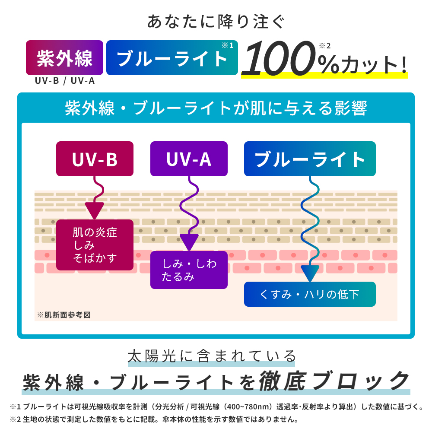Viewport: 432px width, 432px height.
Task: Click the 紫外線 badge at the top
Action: pos(64,58)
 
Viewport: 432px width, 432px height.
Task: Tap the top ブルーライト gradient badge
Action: pos(172,58)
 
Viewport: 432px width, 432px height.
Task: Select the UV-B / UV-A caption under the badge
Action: pos(65,80)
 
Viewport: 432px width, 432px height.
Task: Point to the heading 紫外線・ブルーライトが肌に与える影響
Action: pos(216,108)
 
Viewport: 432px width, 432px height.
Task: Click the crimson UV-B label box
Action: pos(95,159)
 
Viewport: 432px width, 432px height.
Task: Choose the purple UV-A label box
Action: pos(189,159)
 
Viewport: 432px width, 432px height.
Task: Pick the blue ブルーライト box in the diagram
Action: pos(310,159)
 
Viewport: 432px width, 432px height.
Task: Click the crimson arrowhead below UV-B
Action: pos(94,210)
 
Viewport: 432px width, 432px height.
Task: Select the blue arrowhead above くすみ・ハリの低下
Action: pos(310,273)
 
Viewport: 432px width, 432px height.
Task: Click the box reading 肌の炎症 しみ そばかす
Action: pos(95,245)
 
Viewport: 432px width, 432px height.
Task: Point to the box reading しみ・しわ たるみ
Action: pos(189,270)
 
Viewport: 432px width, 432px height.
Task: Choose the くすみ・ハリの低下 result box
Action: pos(310,295)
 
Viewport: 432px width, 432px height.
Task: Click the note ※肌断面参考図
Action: pos(64,314)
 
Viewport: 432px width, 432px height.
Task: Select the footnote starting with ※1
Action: pos(216,407)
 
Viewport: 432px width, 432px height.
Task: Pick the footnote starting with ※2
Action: pos(153,419)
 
